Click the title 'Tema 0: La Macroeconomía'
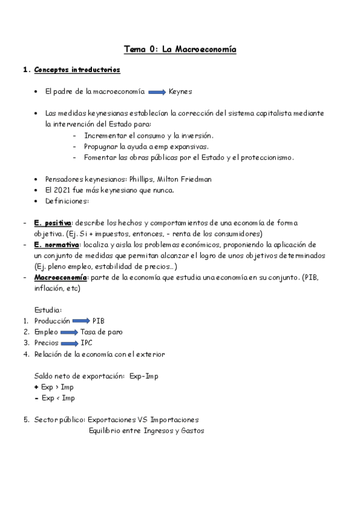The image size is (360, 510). pyautogui.click(x=180, y=49)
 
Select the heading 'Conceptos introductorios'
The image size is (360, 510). pyautogui.click(x=77, y=70)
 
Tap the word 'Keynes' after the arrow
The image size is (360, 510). pyautogui.click(x=180, y=92)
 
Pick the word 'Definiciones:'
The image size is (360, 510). pyautogui.click(x=67, y=201)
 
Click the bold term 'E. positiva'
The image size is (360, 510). pyautogui.click(x=53, y=223)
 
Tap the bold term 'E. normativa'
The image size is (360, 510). pyautogui.click(x=56, y=245)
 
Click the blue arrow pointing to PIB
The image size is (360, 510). pyautogui.click(x=81, y=321)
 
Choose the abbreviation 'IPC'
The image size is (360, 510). pyautogui.click(x=87, y=343)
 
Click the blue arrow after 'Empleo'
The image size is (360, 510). pyautogui.click(x=69, y=332)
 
